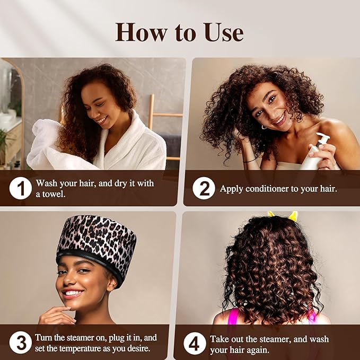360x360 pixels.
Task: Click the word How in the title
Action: (139, 33)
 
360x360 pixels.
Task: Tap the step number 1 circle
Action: (21, 188)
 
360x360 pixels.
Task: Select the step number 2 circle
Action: (204, 189)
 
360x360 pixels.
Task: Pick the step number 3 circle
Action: (21, 343)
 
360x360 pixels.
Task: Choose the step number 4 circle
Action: (195, 344)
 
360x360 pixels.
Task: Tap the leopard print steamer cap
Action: (95, 239)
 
